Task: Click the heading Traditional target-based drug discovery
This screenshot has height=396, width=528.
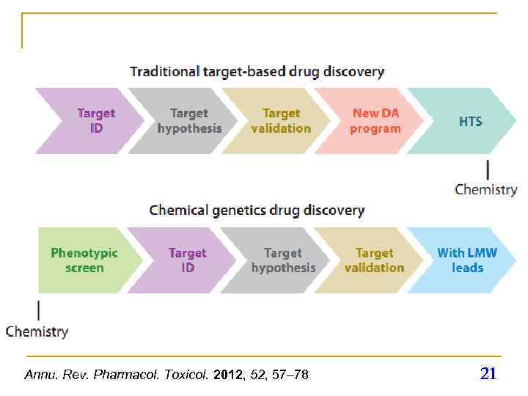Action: click(257, 72)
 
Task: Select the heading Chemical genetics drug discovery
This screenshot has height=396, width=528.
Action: click(257, 210)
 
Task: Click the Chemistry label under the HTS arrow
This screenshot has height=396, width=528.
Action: click(485, 190)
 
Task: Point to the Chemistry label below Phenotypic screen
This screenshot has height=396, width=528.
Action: click(37, 331)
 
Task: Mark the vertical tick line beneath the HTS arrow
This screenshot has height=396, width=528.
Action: click(486, 169)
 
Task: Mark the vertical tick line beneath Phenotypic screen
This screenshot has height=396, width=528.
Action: click(39, 308)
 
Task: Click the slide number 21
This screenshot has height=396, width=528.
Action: click(488, 374)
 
